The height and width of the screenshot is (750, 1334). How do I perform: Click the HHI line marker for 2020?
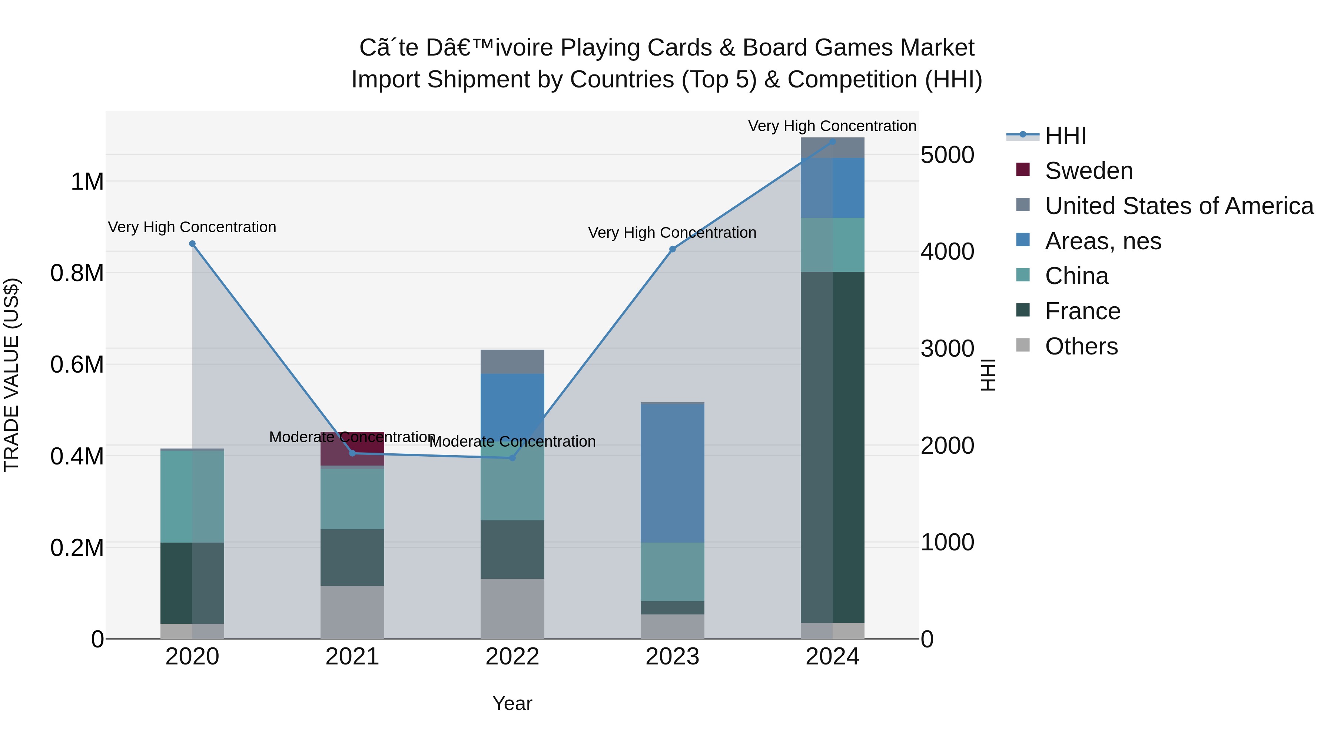pyautogui.click(x=192, y=244)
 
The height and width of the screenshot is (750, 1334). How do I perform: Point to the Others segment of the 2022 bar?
pyautogui.click(x=512, y=609)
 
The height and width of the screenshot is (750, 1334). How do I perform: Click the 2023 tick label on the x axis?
pyautogui.click(x=672, y=657)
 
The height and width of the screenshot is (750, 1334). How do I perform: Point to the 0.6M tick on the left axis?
pyautogui.click(x=77, y=364)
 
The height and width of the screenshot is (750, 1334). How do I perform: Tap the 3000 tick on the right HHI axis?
pyautogui.click(x=947, y=349)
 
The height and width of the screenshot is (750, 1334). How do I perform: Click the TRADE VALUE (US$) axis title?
pyautogui.click(x=11, y=375)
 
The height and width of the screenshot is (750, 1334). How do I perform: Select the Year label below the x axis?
pyautogui.click(x=512, y=703)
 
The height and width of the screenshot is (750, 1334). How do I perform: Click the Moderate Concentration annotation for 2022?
pyautogui.click(x=512, y=441)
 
